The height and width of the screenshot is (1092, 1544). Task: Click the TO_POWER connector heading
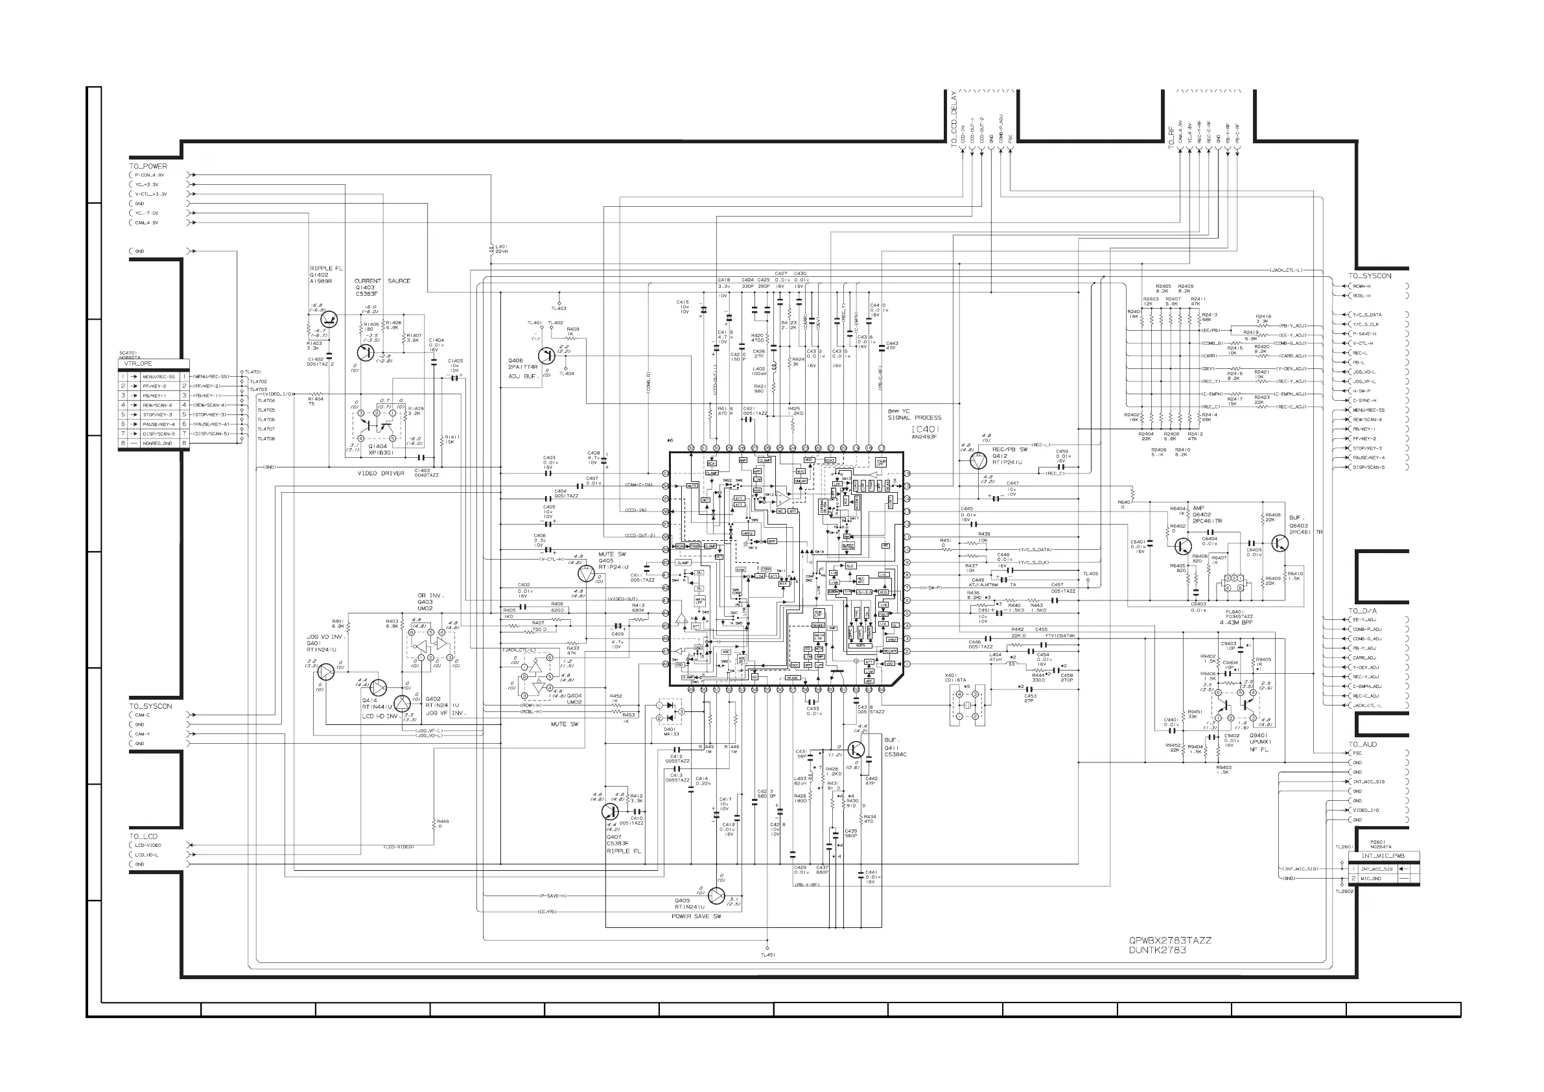148,166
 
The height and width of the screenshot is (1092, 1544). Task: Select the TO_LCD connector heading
143,837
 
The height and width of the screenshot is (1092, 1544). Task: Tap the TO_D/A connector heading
1362,611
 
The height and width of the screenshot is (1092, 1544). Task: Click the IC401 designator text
926,429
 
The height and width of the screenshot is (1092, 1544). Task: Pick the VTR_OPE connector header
139,363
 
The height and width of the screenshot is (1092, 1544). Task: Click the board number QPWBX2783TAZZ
1170,941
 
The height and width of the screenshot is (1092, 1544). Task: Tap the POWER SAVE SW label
696,916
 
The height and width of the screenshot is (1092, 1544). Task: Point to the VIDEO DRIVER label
381,473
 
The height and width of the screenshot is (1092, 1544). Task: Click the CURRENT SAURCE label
382,281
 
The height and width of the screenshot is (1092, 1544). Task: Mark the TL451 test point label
767,955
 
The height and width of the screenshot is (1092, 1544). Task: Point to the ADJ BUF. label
522,375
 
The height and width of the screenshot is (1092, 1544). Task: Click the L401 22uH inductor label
501,248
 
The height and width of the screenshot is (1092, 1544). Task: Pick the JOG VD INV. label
325,637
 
